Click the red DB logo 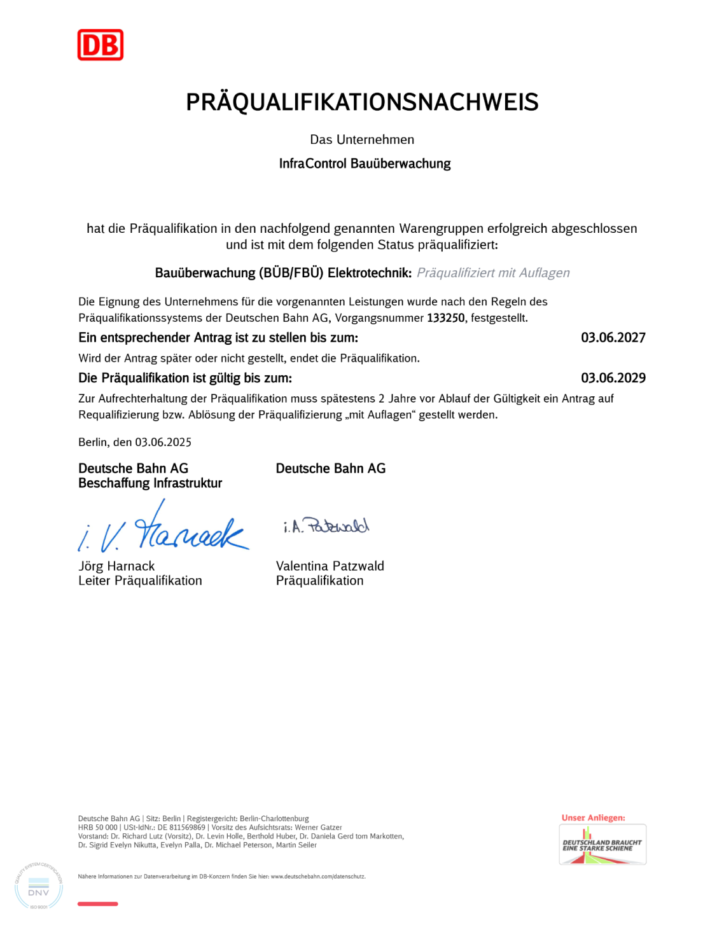pyautogui.click(x=101, y=45)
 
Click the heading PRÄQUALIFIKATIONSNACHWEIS pyautogui.click(x=362, y=102)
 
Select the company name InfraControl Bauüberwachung pyautogui.click(x=365, y=164)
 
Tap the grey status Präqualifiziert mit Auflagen pyautogui.click(x=493, y=273)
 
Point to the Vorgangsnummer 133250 pyautogui.click(x=446, y=318)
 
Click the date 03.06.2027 pyautogui.click(x=613, y=338)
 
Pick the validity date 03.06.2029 pyautogui.click(x=613, y=378)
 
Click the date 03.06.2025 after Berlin pyautogui.click(x=163, y=443)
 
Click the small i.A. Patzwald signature pyautogui.click(x=326, y=526)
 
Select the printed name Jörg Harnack pyautogui.click(x=116, y=566)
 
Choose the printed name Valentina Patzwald pyautogui.click(x=330, y=566)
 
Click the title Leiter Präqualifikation pyautogui.click(x=140, y=581)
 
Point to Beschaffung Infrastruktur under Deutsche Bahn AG pyautogui.click(x=150, y=483)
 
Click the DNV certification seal pyautogui.click(x=39, y=886)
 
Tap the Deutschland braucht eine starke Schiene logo pyautogui.click(x=602, y=845)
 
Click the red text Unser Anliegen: pyautogui.click(x=593, y=818)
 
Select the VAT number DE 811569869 pyautogui.click(x=181, y=828)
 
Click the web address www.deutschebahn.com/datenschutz pyautogui.click(x=317, y=877)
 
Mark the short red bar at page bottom pyautogui.click(x=97, y=904)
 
